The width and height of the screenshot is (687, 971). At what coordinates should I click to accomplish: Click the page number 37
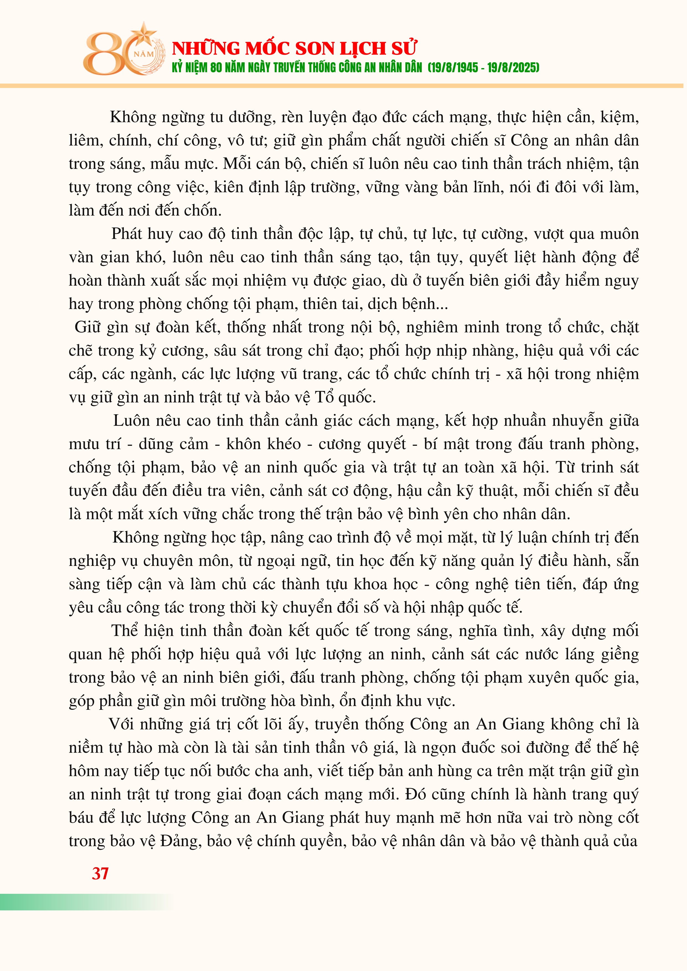[100, 873]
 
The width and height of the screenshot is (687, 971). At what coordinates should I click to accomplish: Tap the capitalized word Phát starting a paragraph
[127, 234]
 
